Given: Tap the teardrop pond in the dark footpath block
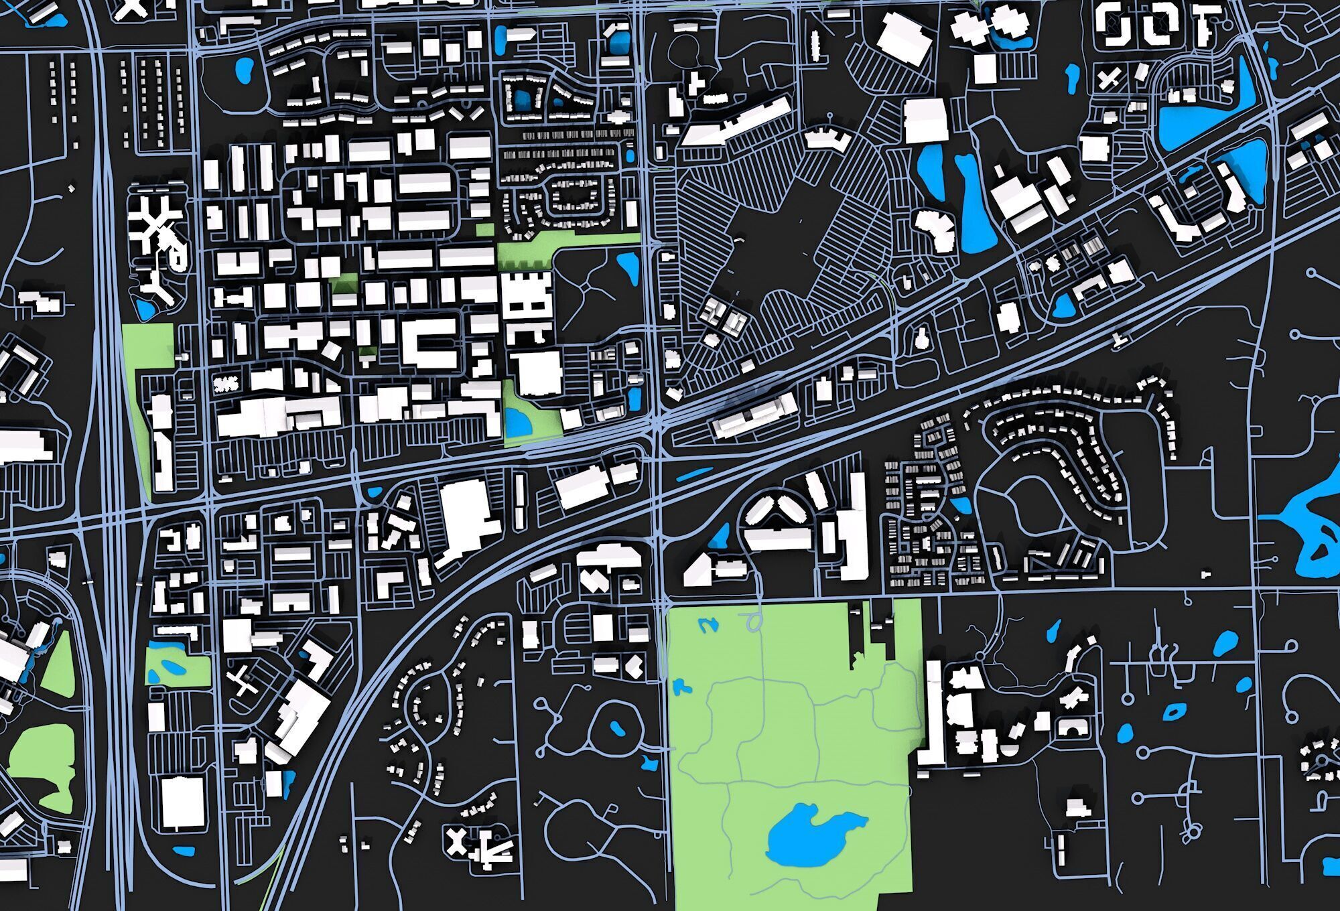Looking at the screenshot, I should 628,265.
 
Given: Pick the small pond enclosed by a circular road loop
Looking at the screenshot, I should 615,727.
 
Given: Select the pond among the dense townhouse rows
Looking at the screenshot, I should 962,504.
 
